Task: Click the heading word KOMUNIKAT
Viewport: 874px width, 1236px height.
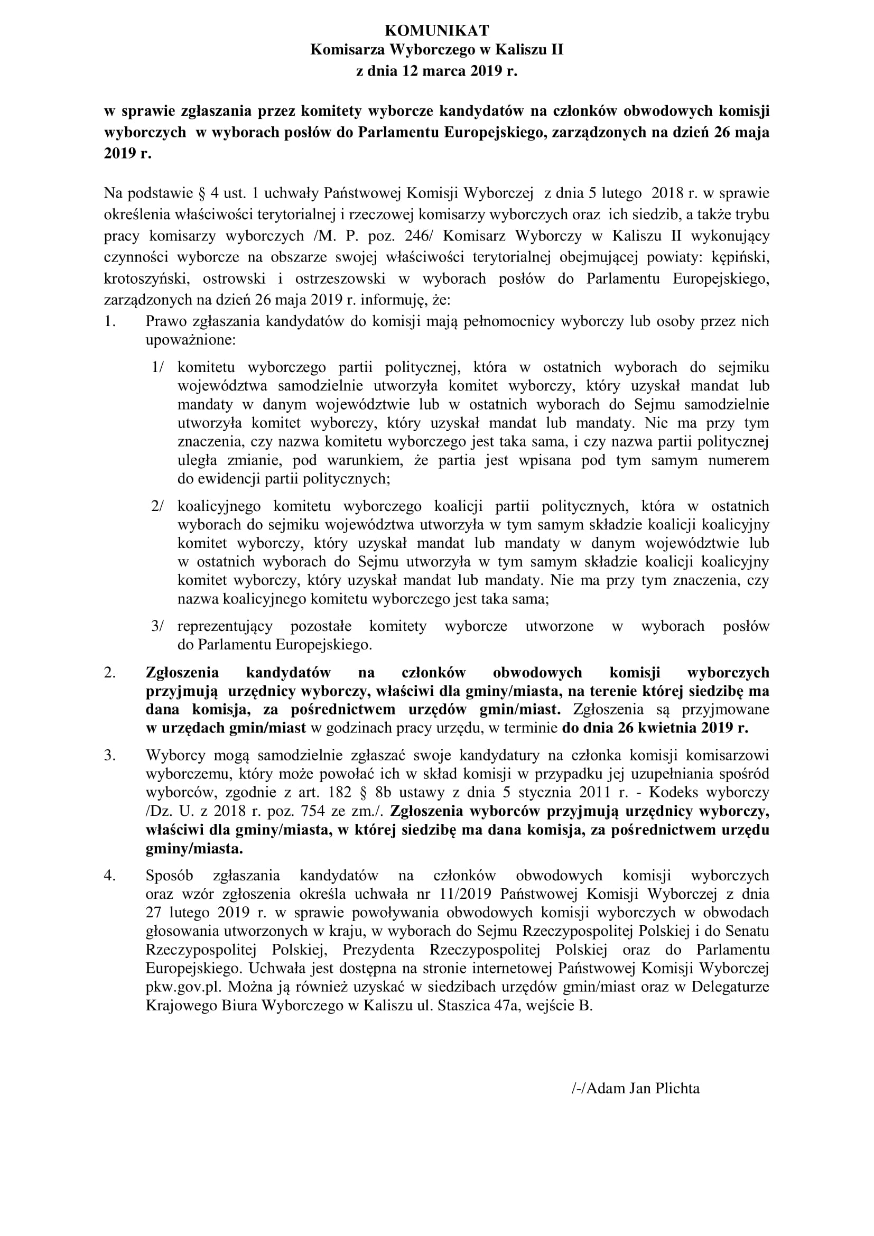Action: tap(437, 30)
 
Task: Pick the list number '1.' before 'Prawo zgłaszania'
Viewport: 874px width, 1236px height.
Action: tap(110, 322)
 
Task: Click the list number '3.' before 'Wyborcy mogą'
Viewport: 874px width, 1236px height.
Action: tap(110, 755)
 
